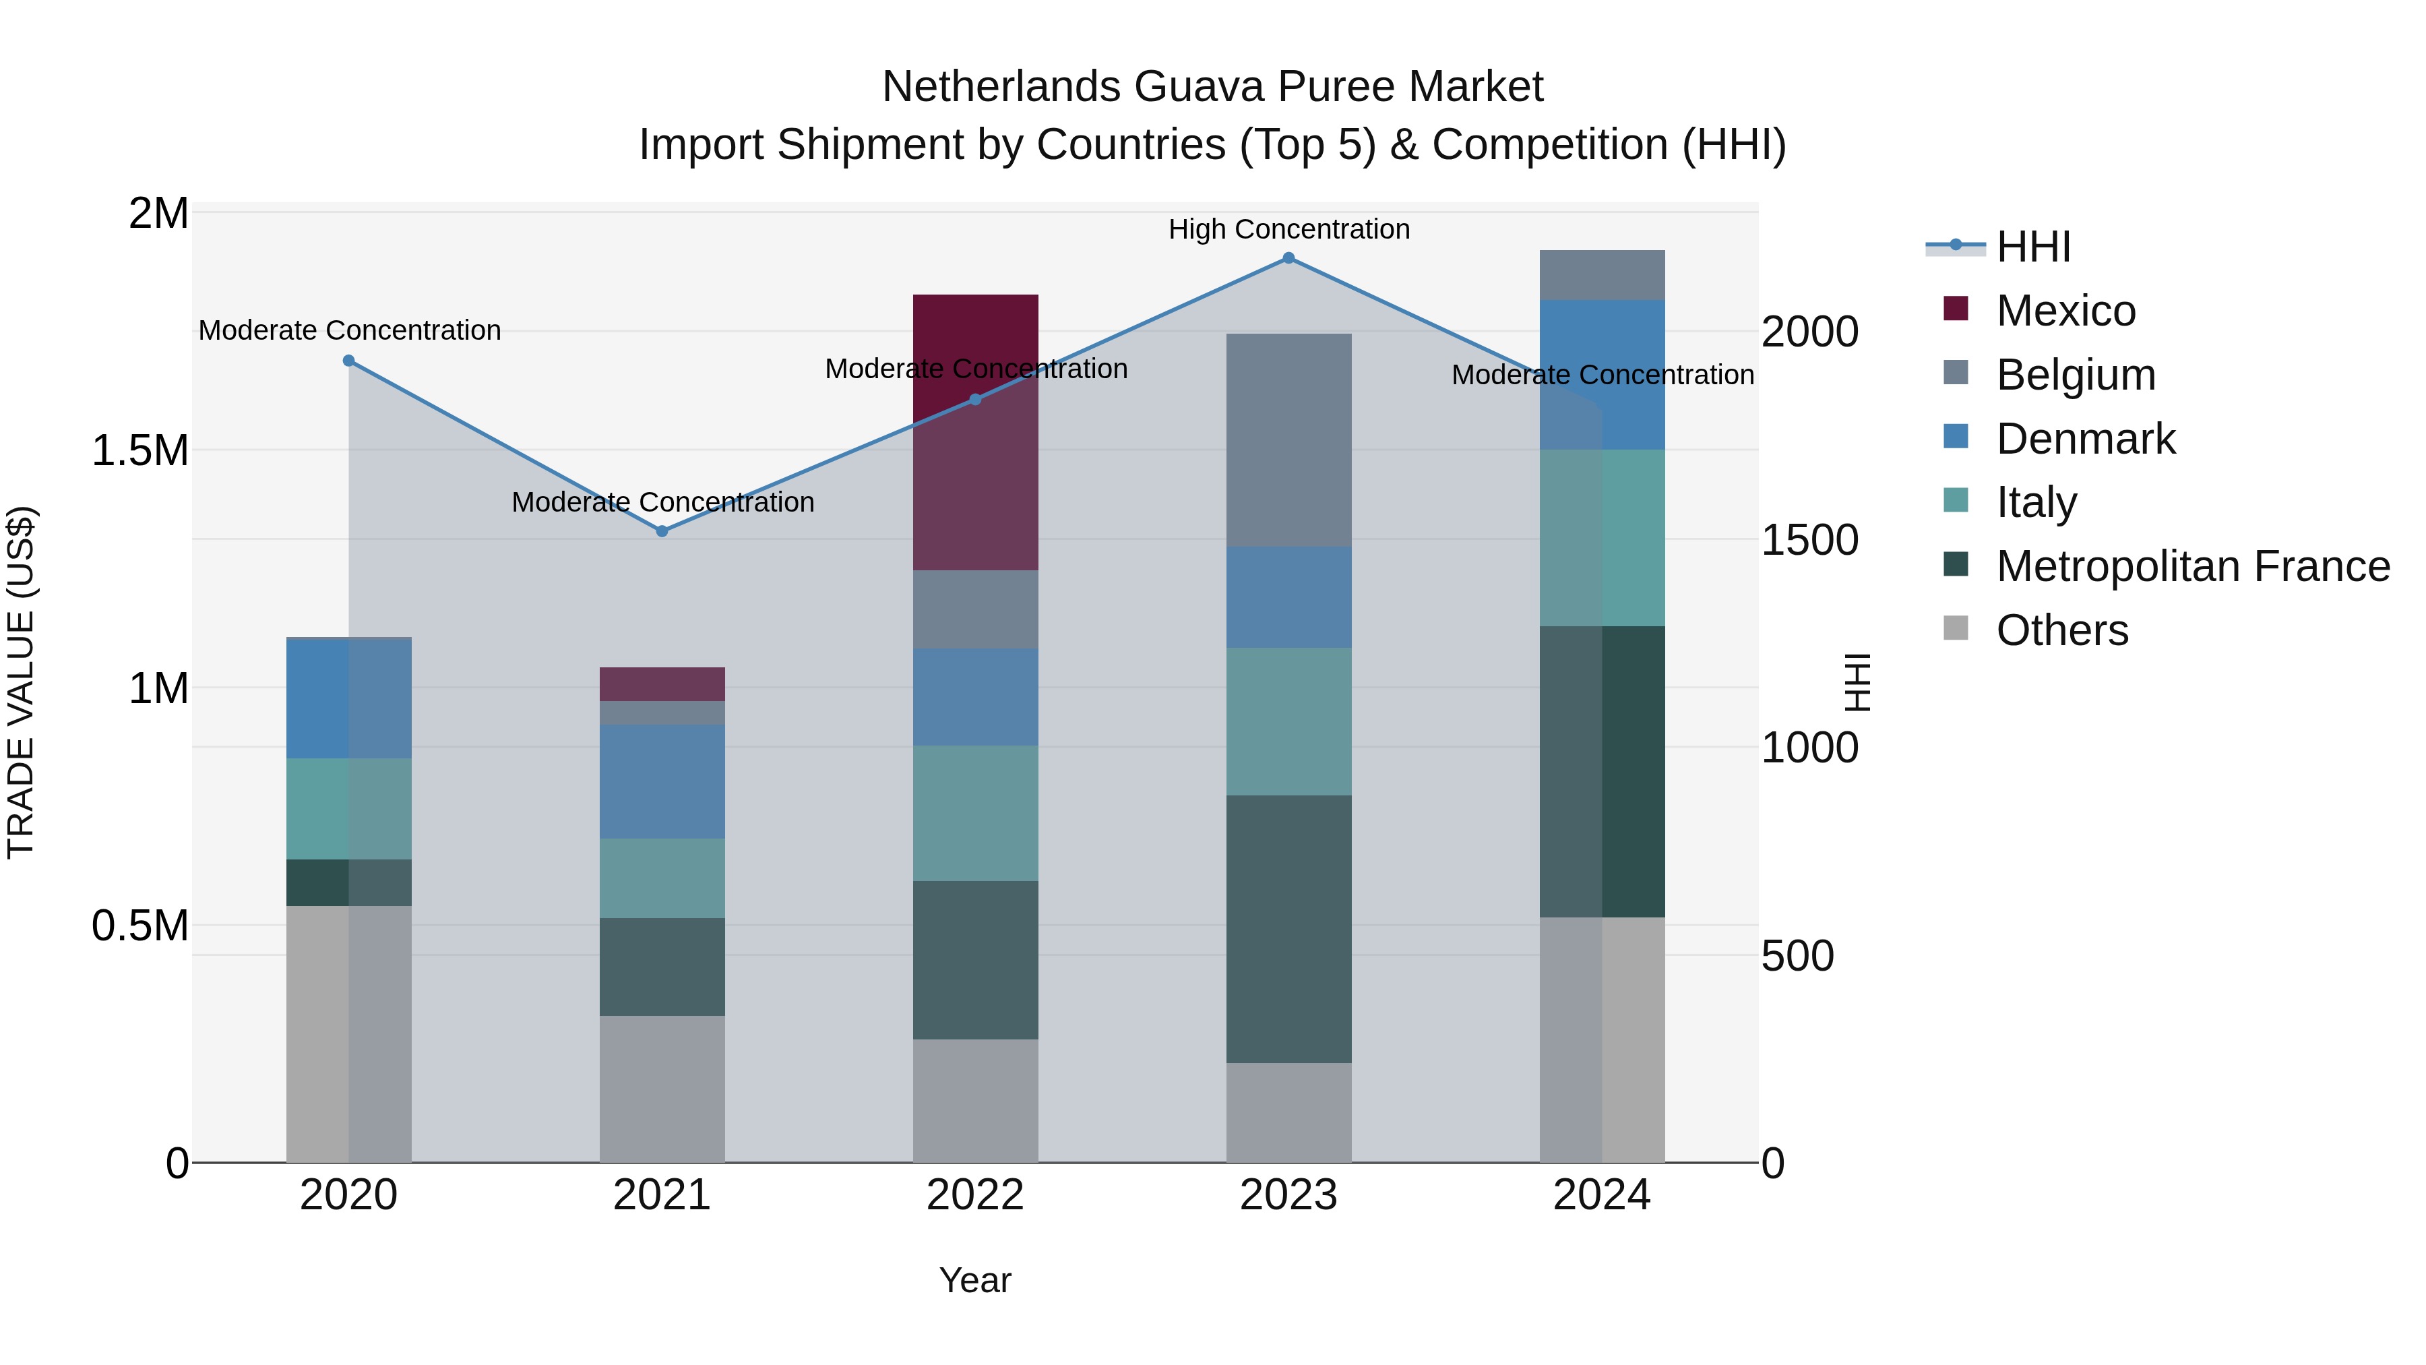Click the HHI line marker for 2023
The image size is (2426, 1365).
click(1288, 258)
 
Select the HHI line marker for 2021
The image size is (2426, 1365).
click(662, 531)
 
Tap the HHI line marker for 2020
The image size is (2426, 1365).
click(348, 361)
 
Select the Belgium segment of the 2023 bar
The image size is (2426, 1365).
click(1288, 440)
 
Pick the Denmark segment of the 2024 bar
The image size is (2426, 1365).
click(1602, 374)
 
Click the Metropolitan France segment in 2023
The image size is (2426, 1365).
click(1288, 929)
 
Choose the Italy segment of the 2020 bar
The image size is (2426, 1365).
click(348, 808)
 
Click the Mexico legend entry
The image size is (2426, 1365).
click(2065, 311)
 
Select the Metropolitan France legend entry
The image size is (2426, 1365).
click(2192, 566)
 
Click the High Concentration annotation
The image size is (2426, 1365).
click(1288, 229)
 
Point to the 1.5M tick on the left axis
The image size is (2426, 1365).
click(139, 450)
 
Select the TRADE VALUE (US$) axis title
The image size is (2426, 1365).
click(21, 683)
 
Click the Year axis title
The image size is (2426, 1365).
click(974, 1280)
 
